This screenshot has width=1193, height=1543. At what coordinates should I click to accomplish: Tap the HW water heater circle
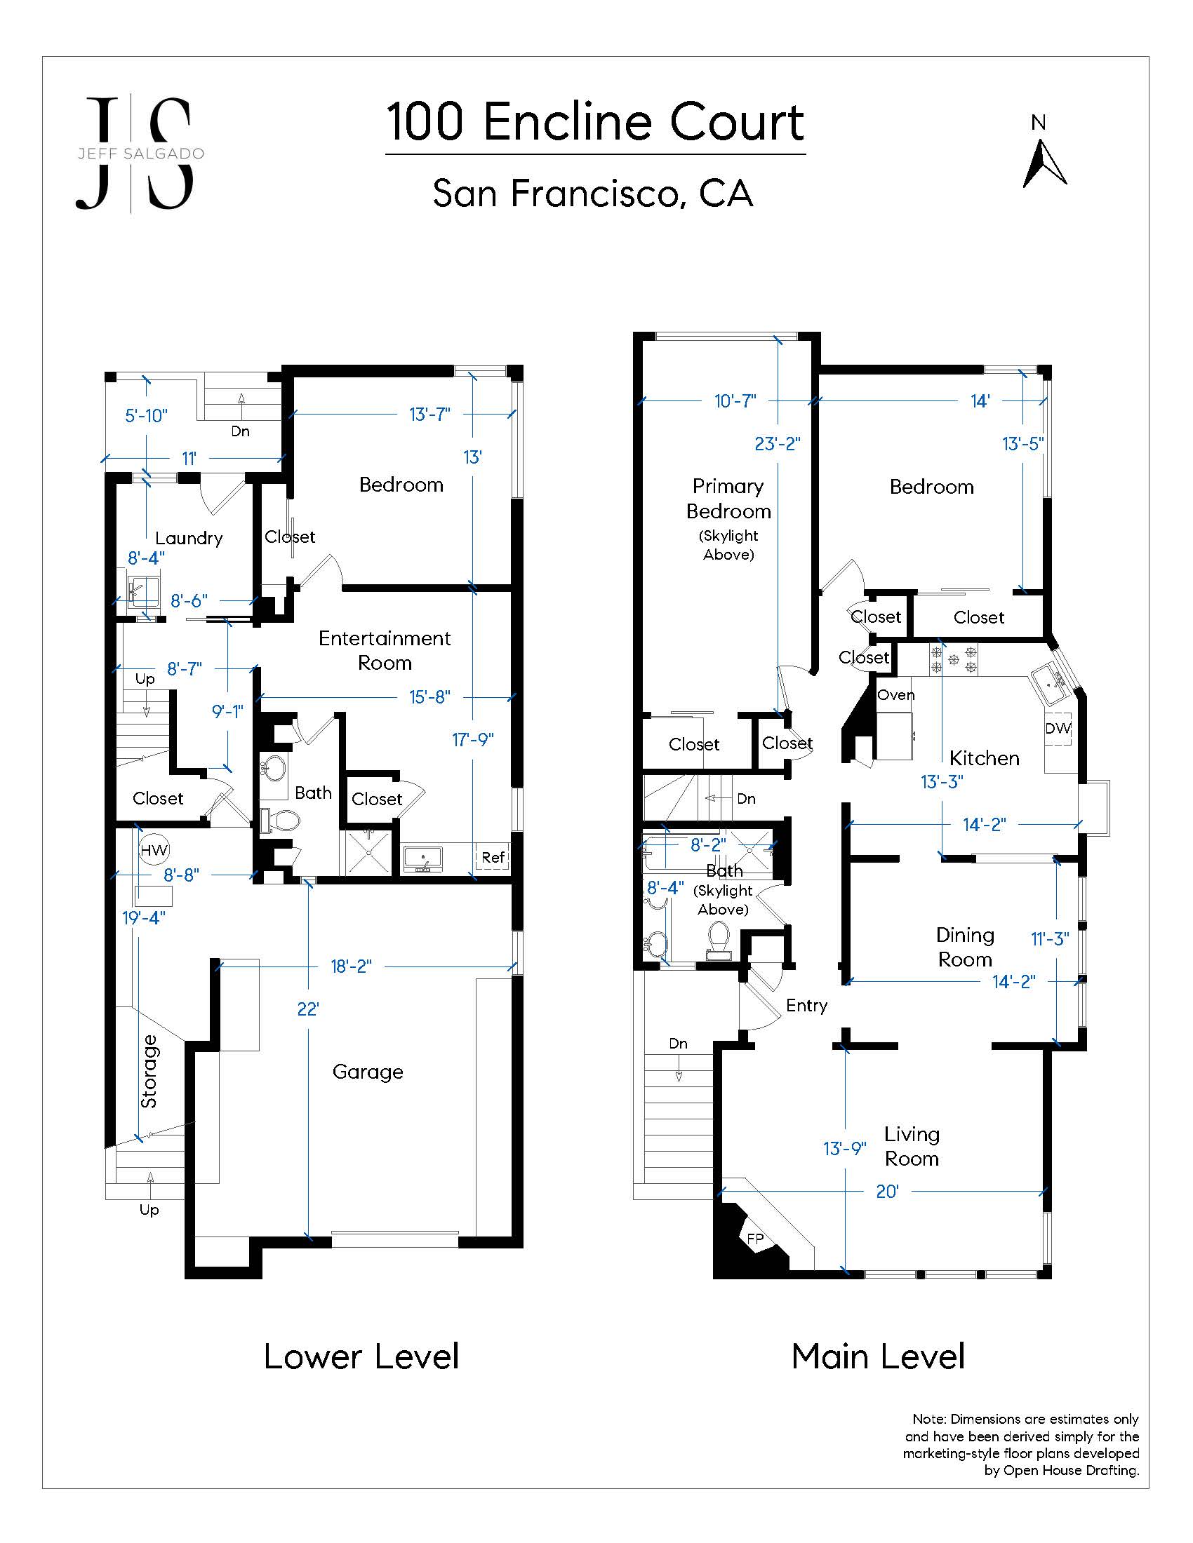pos(154,851)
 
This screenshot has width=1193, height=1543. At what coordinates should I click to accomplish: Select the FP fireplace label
pos(755,1238)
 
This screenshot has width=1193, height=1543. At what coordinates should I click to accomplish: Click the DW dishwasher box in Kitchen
pos(1058,729)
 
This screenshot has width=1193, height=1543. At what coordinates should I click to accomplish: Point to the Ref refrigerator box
pos(493,857)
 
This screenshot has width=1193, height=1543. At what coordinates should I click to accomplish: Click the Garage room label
pos(368,1072)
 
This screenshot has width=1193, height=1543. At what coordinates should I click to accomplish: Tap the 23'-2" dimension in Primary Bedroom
pos(778,444)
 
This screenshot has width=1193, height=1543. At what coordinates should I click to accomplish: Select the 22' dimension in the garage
pos(308,1009)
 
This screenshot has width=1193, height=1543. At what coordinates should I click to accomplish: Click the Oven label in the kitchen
pos(895,694)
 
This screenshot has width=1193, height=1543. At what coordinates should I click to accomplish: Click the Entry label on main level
pos(806,1005)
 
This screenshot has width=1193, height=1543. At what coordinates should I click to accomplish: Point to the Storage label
pos(149,1071)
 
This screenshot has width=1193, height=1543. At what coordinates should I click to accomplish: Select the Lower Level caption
pos(361,1357)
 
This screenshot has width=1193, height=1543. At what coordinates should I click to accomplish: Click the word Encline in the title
pos(573,121)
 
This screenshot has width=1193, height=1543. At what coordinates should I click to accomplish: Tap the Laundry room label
pos(189,539)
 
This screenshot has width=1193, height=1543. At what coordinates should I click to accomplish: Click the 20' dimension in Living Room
pos(887,1192)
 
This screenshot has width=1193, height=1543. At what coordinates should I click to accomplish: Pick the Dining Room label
pos(965,947)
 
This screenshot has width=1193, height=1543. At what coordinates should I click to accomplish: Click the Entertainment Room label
pos(385,650)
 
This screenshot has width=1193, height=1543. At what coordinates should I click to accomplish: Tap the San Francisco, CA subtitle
pos(593,193)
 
